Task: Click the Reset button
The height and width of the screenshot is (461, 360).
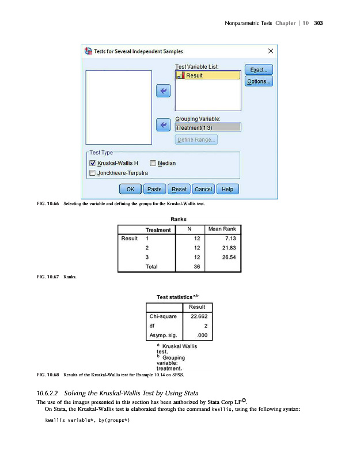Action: coord(179,189)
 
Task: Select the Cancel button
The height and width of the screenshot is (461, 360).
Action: coord(203,189)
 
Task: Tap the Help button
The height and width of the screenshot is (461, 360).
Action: coord(228,189)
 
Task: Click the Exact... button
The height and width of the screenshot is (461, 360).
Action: coord(259,70)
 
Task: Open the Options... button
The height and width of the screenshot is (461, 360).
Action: coord(259,81)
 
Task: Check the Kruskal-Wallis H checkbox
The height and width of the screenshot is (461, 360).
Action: coord(92,163)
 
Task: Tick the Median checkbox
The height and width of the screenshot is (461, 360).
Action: coord(153,163)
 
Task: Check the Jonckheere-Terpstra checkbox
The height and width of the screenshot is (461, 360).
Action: coord(92,172)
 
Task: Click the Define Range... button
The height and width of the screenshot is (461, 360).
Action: coord(196,139)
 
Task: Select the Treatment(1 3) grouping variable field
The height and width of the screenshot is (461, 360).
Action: coord(207,127)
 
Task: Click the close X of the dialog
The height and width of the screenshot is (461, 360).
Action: coord(270,51)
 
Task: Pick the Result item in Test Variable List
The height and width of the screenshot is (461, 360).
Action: coord(207,75)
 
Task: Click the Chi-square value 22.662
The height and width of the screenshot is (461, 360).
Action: coord(198,316)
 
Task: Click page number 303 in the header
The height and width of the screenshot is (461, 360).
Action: coord(320,23)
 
